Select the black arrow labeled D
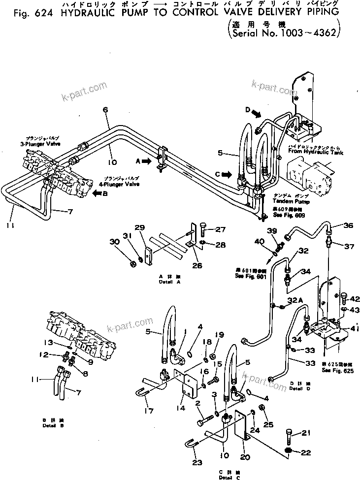pyautogui.click(x=256, y=113)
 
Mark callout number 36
pyautogui.click(x=348, y=226)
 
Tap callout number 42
pyautogui.click(x=354, y=298)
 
